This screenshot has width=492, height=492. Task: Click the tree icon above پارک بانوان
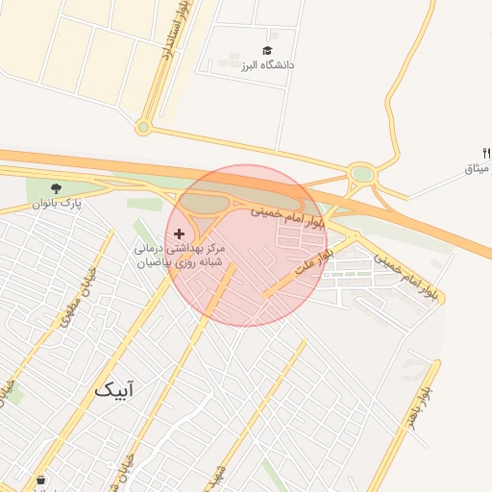(x=59, y=188)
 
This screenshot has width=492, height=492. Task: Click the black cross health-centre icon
(x=179, y=234)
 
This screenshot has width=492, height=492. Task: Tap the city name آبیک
(x=114, y=389)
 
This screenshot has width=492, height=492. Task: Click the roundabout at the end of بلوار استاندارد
(x=143, y=127)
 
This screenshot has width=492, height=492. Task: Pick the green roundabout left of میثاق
(x=361, y=175)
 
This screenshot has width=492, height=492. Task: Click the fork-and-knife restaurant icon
(x=486, y=153)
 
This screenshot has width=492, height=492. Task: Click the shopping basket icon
(x=40, y=480)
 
